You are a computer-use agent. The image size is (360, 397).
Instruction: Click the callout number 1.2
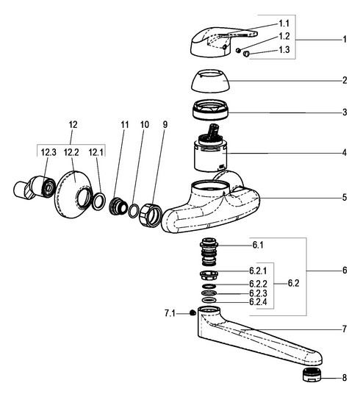pyautogui.click(x=284, y=36)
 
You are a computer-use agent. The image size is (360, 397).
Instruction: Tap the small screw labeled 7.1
pyautogui.click(x=192, y=313)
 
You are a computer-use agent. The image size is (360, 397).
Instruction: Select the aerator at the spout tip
pyautogui.click(x=312, y=375)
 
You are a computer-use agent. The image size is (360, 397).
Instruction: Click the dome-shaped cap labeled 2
pyautogui.click(x=210, y=81)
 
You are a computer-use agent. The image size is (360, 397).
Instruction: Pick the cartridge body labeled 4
pyautogui.click(x=210, y=148)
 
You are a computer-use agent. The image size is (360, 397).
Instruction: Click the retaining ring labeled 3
pyautogui.click(x=210, y=110)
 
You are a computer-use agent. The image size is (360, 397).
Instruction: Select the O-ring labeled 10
pyautogui.click(x=133, y=211)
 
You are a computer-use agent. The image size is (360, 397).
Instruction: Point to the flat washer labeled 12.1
pyautogui.click(x=98, y=201)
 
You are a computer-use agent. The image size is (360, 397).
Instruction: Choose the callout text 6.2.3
pyautogui.click(x=258, y=293)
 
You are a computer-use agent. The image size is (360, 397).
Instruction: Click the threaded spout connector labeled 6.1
pyautogui.click(x=209, y=251)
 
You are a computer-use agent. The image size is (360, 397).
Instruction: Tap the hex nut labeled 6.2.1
pyautogui.click(x=209, y=275)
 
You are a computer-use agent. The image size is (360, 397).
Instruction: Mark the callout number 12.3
pyautogui.click(x=48, y=152)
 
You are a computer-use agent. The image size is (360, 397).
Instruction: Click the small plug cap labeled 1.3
pyautogui.click(x=246, y=54)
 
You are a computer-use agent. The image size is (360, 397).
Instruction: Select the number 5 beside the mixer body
pyautogui.click(x=345, y=198)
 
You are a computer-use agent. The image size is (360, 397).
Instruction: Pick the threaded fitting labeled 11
pyautogui.click(x=118, y=207)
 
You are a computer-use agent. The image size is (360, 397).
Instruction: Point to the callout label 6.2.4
pyautogui.click(x=258, y=302)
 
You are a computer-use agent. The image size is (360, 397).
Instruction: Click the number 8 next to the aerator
pyautogui.click(x=345, y=378)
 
